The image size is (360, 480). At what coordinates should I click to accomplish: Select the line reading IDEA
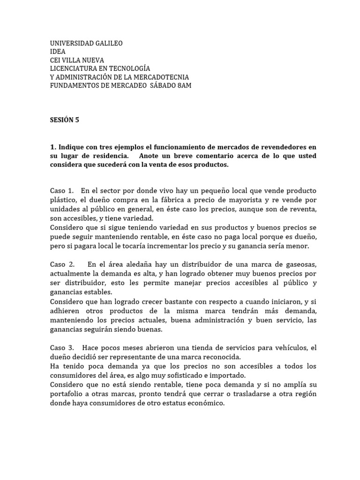click(58, 52)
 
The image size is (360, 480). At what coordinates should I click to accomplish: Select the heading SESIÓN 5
click(65, 120)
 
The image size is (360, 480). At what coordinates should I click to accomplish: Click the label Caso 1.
click(62, 191)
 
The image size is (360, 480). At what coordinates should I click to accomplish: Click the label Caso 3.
click(62, 348)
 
